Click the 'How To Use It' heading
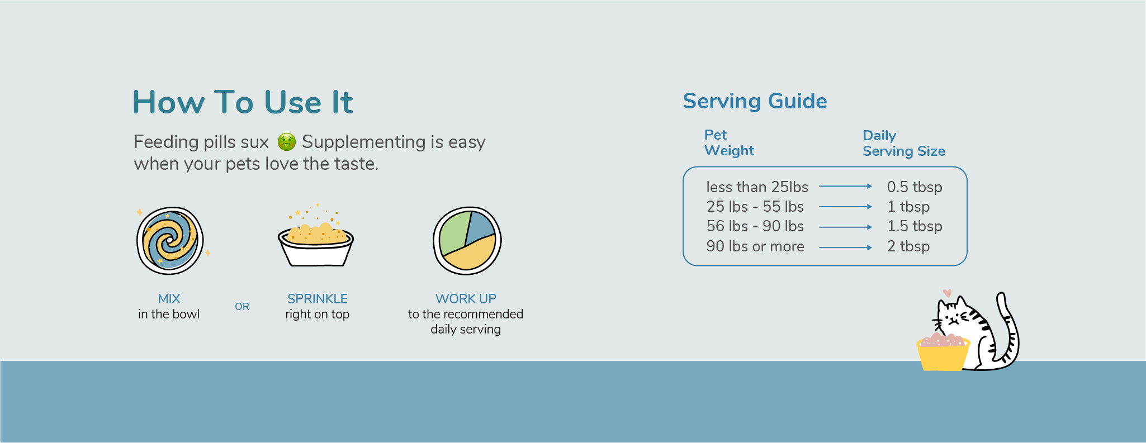(x=243, y=102)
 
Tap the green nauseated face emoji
(x=287, y=142)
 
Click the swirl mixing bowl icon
(x=171, y=241)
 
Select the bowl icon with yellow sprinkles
(x=316, y=236)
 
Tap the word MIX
(x=169, y=299)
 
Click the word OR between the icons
(x=242, y=307)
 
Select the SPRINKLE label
(x=318, y=299)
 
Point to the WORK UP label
(x=466, y=299)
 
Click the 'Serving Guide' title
(x=755, y=101)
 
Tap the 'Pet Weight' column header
(x=729, y=143)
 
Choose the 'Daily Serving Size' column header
(x=904, y=144)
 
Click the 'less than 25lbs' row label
(x=757, y=187)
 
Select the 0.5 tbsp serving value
(x=915, y=187)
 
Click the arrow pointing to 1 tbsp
(x=846, y=207)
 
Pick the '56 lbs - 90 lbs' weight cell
(x=755, y=226)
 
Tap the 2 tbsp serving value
(x=908, y=246)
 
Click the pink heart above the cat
(x=947, y=293)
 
